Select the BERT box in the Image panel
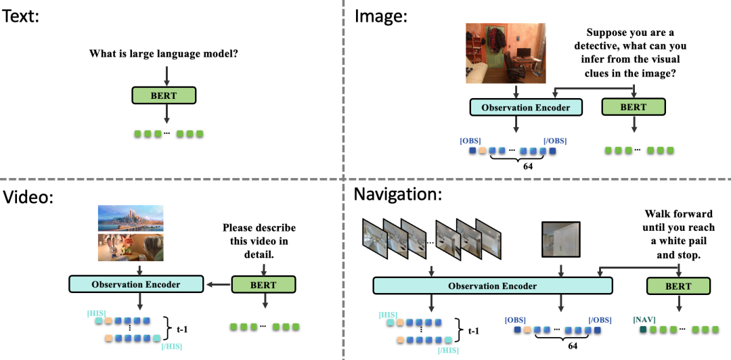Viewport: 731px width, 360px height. click(x=634, y=107)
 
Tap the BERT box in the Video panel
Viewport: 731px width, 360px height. click(x=264, y=285)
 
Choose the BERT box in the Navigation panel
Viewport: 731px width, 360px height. click(x=679, y=286)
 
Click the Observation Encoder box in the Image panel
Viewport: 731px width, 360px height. click(x=526, y=107)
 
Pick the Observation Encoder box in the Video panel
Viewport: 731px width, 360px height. click(x=136, y=284)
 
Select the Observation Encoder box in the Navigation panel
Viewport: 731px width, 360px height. click(x=492, y=285)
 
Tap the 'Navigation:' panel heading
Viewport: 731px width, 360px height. click(x=398, y=194)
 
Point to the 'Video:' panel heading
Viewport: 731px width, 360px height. click(x=28, y=198)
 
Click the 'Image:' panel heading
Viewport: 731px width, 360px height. click(x=381, y=17)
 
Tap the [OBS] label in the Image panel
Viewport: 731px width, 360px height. click(x=470, y=141)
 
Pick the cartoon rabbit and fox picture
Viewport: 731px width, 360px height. click(x=131, y=247)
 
